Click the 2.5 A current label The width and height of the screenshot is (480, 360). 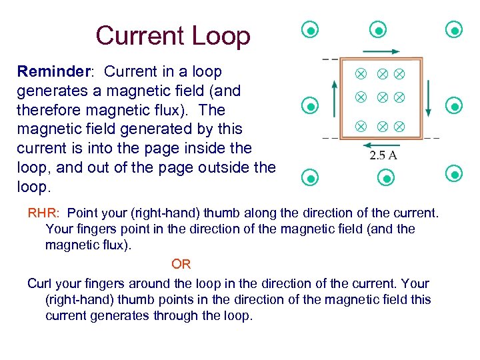(x=384, y=156)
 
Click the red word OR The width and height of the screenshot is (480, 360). (x=181, y=265)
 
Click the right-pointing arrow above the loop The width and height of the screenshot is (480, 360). (x=382, y=51)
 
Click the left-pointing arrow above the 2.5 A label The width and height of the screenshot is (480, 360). (x=382, y=145)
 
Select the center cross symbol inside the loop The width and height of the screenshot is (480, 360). (x=383, y=97)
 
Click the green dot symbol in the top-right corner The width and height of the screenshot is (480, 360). (x=455, y=30)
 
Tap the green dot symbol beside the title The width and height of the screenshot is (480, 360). (x=309, y=30)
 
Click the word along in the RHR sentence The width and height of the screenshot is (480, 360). (x=293, y=213)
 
